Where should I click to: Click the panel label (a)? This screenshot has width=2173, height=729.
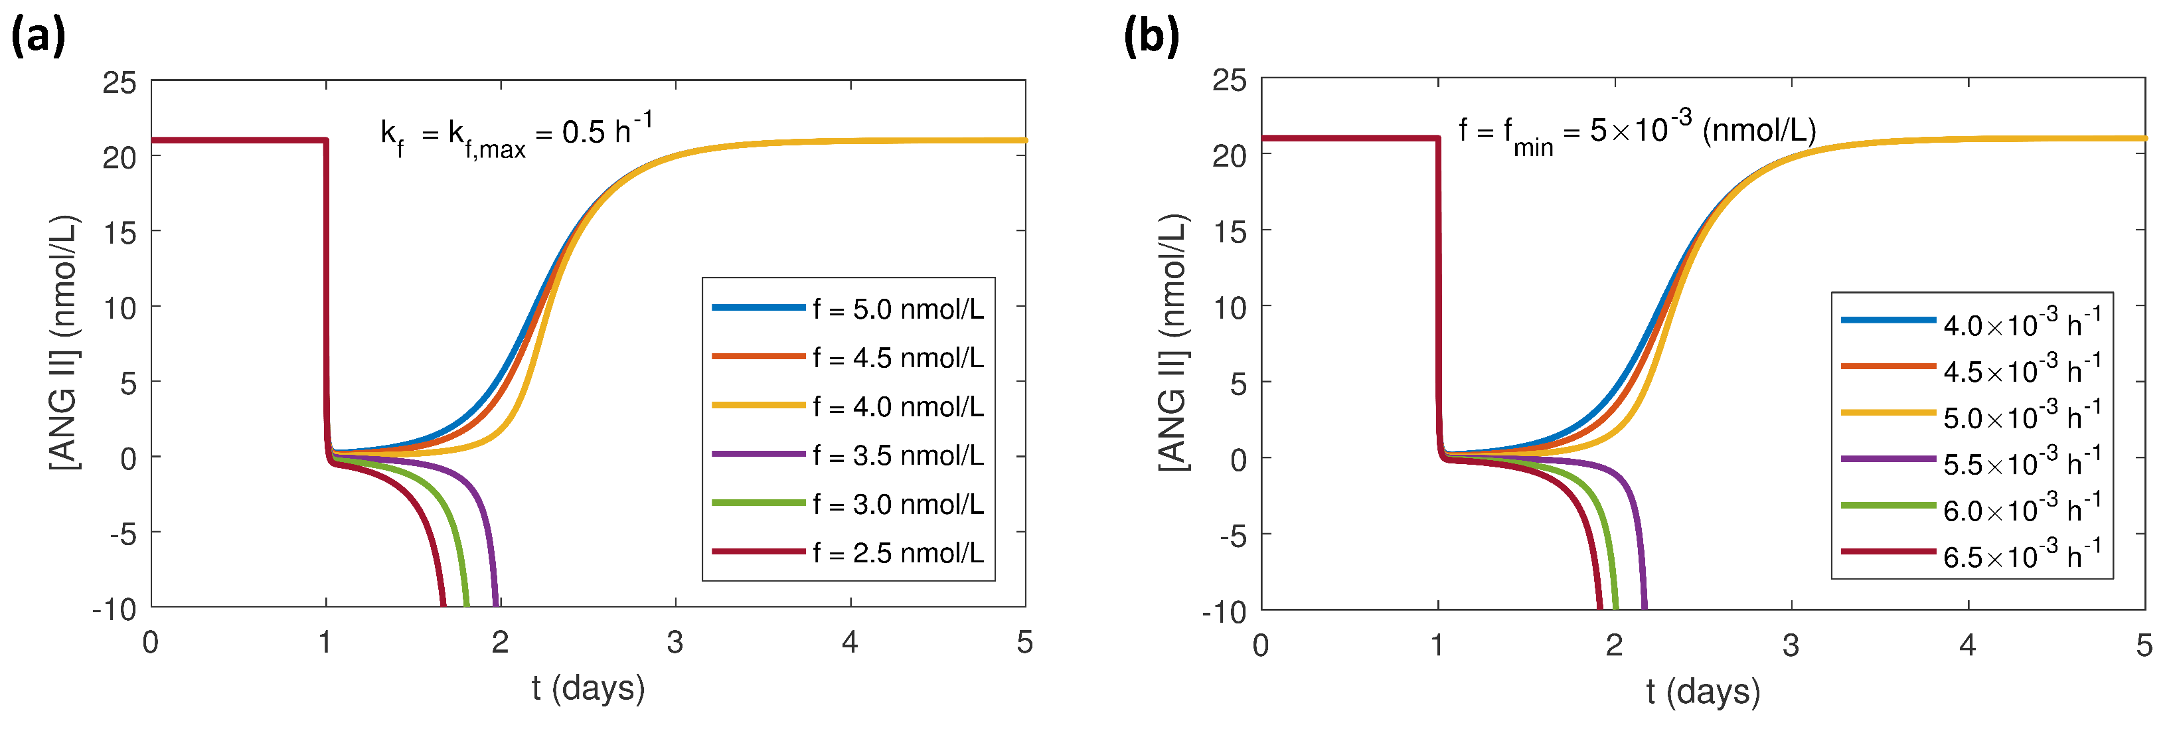tap(37, 37)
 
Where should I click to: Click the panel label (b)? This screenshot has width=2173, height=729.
tap(1151, 37)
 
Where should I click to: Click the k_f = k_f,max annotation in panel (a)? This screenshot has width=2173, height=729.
tap(515, 135)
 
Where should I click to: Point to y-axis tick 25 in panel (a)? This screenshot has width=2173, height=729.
tap(119, 83)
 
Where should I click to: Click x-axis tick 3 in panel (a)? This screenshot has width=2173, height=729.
tap(675, 643)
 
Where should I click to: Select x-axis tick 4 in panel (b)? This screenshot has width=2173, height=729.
tap(1967, 645)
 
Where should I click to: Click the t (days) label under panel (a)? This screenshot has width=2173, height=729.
tap(588, 688)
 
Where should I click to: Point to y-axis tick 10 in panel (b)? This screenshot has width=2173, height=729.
tap(1229, 307)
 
